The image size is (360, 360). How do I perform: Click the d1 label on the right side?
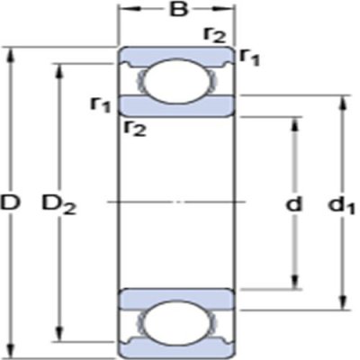click(342, 205)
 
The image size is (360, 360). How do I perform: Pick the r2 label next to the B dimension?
click(214, 34)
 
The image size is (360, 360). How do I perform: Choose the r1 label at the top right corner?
click(250, 57)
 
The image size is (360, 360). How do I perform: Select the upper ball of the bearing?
click(178, 82)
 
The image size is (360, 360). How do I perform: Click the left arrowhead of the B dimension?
click(124, 13)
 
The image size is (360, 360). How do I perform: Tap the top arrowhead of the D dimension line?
click(10, 50)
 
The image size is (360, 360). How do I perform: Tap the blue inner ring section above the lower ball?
click(178, 300)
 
